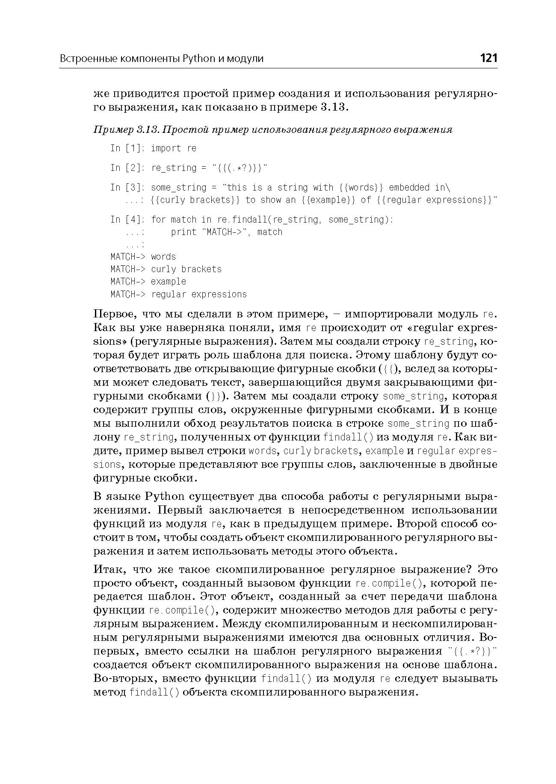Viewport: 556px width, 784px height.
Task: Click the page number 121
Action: click(x=488, y=58)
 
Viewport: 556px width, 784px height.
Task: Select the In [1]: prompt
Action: click(x=127, y=148)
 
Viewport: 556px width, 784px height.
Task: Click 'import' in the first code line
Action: click(x=166, y=148)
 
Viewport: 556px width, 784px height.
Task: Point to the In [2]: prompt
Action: click(x=127, y=168)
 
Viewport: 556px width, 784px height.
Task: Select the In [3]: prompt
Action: click(x=127, y=188)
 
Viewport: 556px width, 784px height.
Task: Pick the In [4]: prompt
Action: click(x=127, y=220)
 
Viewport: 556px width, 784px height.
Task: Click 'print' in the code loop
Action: click(x=183, y=232)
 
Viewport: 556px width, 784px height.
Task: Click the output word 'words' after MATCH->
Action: click(x=163, y=257)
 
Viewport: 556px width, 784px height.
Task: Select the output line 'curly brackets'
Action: click(x=186, y=269)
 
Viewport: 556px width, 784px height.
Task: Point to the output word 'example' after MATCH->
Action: click(x=169, y=282)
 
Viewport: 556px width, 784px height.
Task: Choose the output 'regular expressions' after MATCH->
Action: click(x=199, y=294)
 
